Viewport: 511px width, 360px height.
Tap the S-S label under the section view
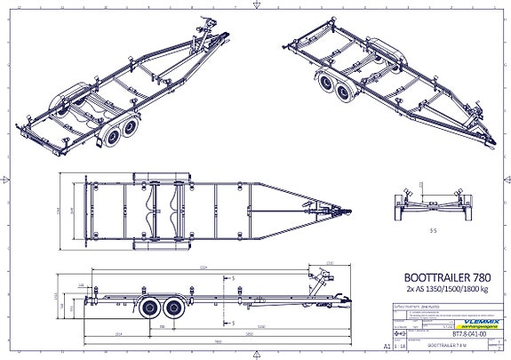pos(433,228)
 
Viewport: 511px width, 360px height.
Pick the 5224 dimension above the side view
pos(203,266)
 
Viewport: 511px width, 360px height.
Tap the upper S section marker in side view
pos(233,277)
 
